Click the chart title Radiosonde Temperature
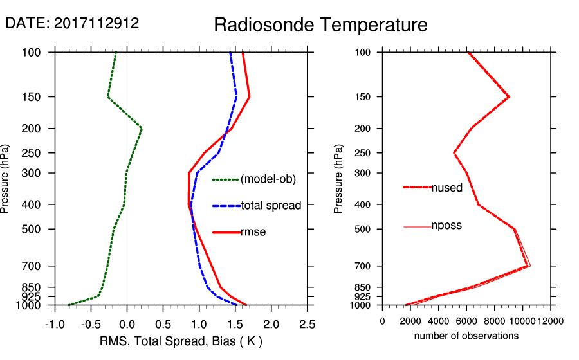pyautogui.click(x=320, y=25)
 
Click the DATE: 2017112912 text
pyautogui.click(x=72, y=24)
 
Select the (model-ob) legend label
pyautogui.click(x=268, y=179)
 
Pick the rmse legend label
pyautogui.click(x=253, y=232)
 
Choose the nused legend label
pyautogui.click(x=446, y=187)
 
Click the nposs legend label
pyautogui.click(x=446, y=226)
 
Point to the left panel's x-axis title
pyautogui.click(x=181, y=341)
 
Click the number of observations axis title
pyautogui.click(x=466, y=336)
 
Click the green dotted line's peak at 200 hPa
pyautogui.click(x=142, y=129)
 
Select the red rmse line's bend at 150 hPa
pyautogui.click(x=249, y=97)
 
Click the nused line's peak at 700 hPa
pyautogui.click(x=528, y=265)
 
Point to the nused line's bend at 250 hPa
pyautogui.click(x=454, y=153)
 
